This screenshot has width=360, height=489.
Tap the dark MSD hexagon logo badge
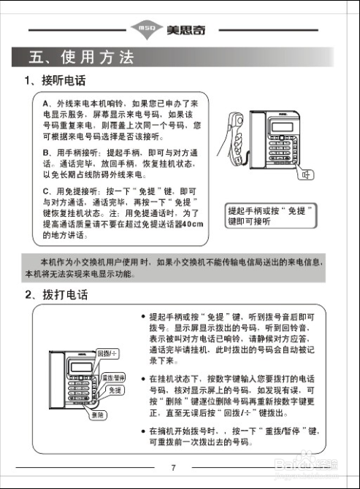[x=142, y=30]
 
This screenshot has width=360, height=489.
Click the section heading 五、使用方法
[x=80, y=58]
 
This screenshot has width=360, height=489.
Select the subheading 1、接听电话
[x=55, y=81]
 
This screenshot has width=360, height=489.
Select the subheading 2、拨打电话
[x=55, y=295]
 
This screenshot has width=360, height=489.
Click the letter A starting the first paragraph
[x=45, y=104]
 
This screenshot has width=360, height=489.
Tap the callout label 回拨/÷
[x=107, y=353]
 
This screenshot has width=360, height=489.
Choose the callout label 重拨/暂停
[x=114, y=377]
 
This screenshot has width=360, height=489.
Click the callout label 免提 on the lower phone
[x=115, y=390]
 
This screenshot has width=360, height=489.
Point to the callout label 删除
[x=97, y=415]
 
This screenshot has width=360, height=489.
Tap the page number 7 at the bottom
[x=174, y=467]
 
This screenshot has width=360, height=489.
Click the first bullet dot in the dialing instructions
[x=144, y=317]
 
